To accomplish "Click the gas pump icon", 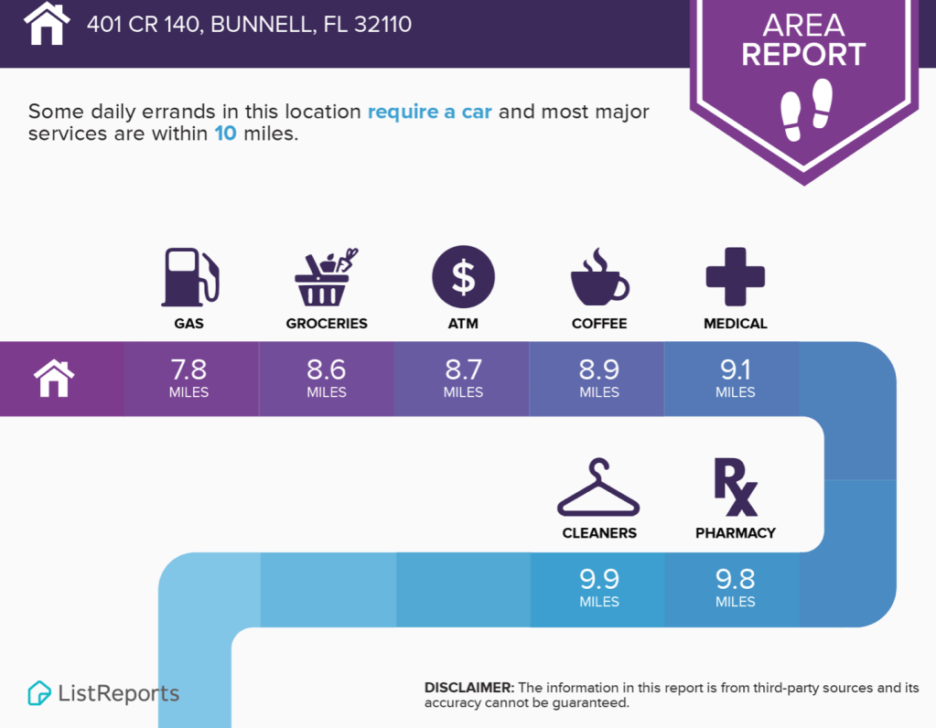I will (190, 277).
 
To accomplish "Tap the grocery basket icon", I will (325, 278).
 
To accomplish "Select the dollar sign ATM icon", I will (463, 277).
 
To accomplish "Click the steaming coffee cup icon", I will (599, 277).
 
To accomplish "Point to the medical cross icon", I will (735, 277).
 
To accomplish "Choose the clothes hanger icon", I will (598, 489).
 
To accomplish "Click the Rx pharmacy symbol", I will (735, 488).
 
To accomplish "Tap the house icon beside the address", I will (47, 24).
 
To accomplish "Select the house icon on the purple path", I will (54, 378).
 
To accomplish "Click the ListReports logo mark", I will (39, 693).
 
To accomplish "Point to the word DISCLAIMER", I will (468, 688).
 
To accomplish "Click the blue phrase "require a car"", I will (429, 112).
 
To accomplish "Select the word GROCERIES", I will (327, 324).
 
